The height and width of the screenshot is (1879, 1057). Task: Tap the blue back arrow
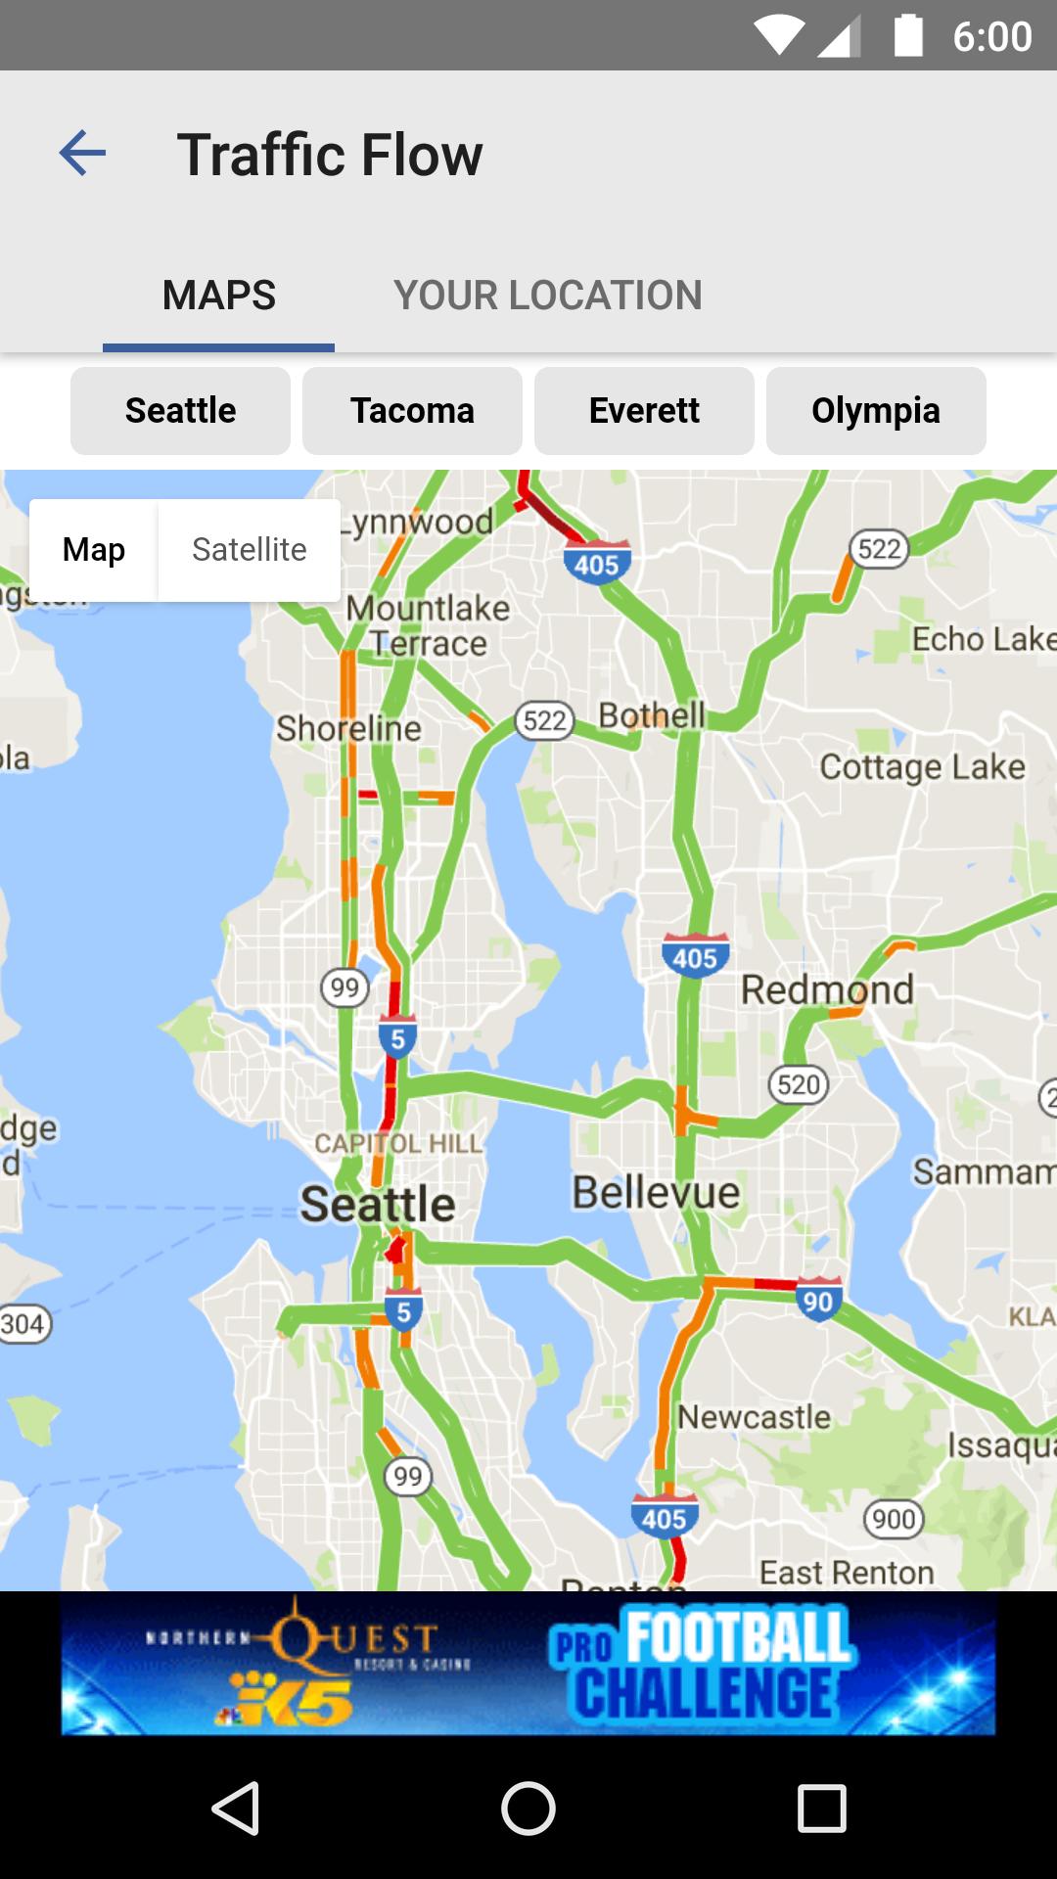82,154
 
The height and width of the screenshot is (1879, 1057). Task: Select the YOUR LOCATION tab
548,295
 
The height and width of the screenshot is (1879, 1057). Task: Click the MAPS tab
219,295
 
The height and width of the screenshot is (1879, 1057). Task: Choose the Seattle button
180,411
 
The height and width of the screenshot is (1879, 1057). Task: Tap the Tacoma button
412,411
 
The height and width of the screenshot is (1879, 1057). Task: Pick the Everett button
644,411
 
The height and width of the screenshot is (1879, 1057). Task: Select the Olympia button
876,411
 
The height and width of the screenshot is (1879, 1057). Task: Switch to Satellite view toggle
249,550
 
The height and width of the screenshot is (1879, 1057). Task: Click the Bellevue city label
656,1193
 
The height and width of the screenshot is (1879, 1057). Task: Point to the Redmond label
827,989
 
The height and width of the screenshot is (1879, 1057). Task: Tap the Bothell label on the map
652,715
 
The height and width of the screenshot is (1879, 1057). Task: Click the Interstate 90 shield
817,1300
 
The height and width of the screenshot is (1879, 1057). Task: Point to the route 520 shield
799,1084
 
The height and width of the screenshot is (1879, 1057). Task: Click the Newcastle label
754,1416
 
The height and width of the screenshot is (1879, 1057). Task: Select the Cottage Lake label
922,766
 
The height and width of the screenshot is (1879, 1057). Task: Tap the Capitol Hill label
398,1143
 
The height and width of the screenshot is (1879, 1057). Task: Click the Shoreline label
348,728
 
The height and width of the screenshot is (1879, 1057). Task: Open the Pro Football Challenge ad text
701,1665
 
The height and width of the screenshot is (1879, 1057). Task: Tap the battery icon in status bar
908,36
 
